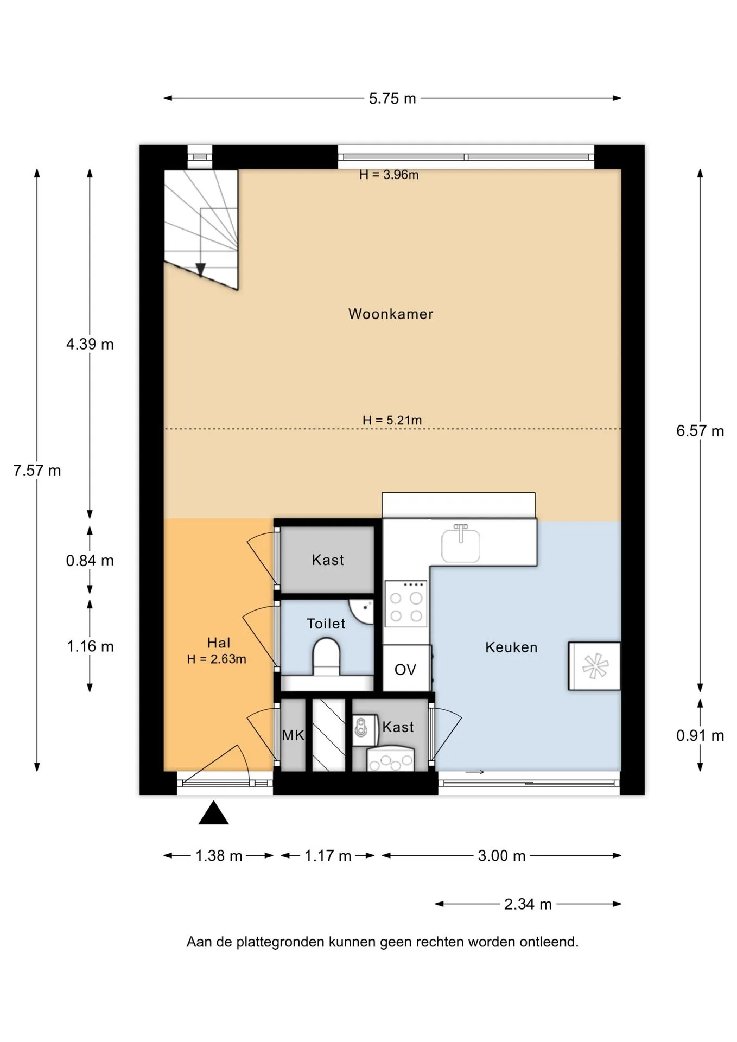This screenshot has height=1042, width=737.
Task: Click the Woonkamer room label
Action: tap(391, 314)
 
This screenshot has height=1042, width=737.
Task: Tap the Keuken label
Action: tap(511, 647)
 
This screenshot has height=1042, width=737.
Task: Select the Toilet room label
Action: tap(326, 624)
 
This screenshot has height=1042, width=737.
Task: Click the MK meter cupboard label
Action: tap(293, 735)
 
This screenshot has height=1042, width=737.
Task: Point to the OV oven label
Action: tap(405, 670)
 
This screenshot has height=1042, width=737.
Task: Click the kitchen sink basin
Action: tap(461, 544)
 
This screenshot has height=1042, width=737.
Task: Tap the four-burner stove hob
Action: tap(406, 603)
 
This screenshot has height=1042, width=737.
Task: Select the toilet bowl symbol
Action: tap(326, 657)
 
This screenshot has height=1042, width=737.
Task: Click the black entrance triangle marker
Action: tap(213, 812)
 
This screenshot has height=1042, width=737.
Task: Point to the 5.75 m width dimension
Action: tap(392, 98)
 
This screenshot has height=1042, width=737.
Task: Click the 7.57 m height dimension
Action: tap(37, 471)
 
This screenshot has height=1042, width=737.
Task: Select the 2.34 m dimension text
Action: tap(528, 904)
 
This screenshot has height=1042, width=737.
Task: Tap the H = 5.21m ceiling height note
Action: tap(392, 420)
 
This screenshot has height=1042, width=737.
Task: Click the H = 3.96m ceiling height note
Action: tap(389, 175)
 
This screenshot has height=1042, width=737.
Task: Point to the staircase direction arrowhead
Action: tap(200, 270)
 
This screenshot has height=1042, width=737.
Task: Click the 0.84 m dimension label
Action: tap(90, 561)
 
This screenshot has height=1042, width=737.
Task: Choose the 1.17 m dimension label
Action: tap(328, 856)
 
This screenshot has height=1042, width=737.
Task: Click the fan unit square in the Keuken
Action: tap(594, 666)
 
